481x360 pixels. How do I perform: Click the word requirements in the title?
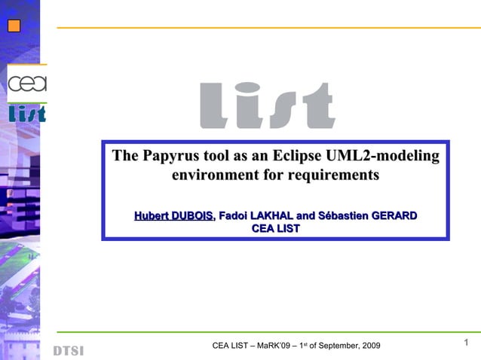[330, 175]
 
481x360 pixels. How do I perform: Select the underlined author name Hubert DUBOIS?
[173, 216]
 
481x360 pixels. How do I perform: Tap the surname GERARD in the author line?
[390, 216]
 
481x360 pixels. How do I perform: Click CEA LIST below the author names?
[275, 228]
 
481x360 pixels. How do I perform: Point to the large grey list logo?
[267, 105]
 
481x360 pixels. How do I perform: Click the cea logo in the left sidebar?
[27, 83]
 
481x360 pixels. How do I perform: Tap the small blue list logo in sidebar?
[27, 114]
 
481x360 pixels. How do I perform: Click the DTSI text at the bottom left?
[68, 351]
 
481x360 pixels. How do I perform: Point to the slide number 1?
[467, 343]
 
